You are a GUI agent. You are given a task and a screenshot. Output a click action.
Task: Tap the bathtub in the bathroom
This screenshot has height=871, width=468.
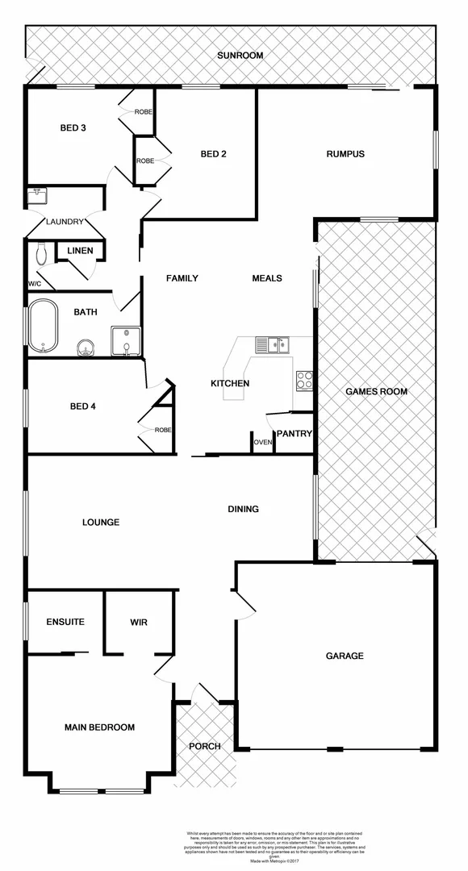tap(44, 327)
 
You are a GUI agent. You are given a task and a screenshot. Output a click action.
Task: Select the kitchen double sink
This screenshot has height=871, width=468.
tap(272, 345)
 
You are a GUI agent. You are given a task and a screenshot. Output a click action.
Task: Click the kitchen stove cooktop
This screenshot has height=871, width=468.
tap(304, 380)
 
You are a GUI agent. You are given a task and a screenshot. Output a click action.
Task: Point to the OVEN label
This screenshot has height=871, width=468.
tap(263, 443)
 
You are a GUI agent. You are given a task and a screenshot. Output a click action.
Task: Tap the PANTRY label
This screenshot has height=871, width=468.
tap(294, 434)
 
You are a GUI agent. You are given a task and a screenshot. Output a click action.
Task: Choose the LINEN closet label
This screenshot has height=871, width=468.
tap(80, 251)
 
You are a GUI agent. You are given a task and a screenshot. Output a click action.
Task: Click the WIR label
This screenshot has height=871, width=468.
tap(139, 623)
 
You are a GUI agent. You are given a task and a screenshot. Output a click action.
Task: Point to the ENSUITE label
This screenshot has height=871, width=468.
tap(65, 623)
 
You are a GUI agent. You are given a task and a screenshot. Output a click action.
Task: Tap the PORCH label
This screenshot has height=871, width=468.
tap(205, 746)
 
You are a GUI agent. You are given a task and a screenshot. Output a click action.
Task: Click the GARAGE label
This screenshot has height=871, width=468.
tap(345, 656)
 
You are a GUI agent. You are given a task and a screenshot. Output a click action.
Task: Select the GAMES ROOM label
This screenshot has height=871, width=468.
tap(376, 391)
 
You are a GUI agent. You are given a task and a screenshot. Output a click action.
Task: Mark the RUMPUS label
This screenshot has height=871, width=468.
tap(345, 154)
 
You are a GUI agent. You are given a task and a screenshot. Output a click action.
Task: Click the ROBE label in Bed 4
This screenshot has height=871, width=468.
tap(163, 430)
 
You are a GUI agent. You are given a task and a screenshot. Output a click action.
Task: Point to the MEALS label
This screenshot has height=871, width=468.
tap(267, 278)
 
